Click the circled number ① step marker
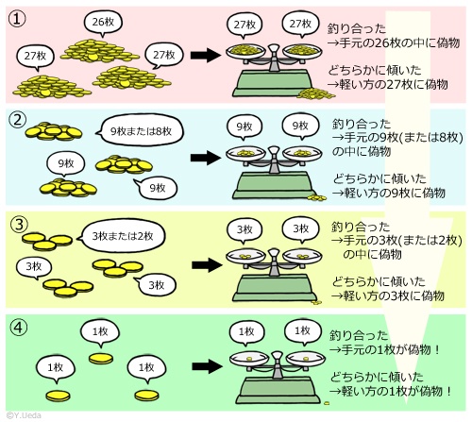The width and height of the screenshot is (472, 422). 17,19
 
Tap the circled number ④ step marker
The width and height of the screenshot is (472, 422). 19,328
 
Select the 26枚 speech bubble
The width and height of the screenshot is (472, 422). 103,23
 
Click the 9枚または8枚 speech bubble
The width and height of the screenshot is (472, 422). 140,130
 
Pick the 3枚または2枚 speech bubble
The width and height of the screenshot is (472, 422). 122,236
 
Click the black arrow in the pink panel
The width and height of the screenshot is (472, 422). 206,55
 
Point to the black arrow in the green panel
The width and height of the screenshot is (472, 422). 208,366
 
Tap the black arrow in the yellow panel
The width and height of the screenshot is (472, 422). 207,265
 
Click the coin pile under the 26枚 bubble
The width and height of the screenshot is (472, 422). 99,51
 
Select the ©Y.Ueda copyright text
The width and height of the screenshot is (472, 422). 24,415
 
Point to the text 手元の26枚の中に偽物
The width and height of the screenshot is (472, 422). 399,42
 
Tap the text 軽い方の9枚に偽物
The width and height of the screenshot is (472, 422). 395,193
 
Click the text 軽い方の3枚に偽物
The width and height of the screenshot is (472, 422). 394,295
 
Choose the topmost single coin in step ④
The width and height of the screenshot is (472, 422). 101,359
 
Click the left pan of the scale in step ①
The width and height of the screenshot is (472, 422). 245,51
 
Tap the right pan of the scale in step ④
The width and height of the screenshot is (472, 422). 306,359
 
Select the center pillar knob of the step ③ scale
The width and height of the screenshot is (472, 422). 274,253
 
